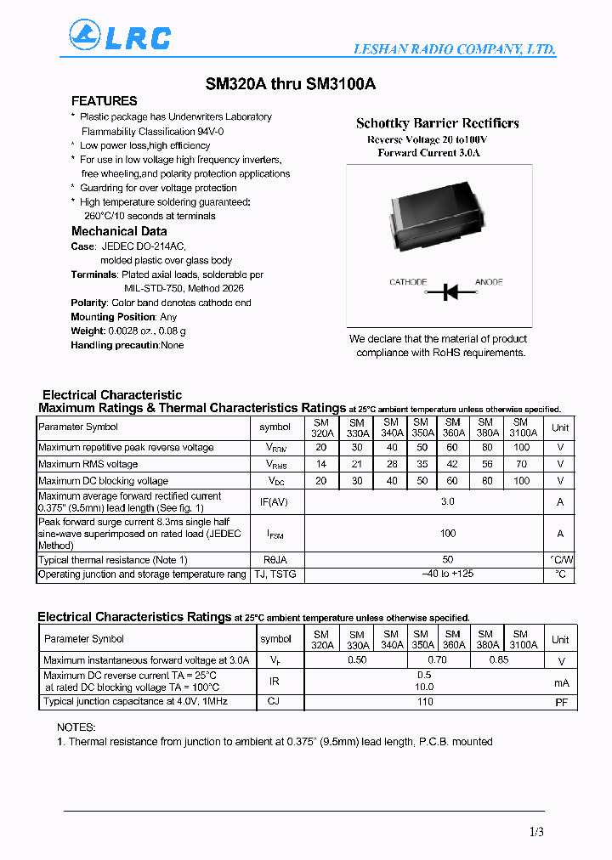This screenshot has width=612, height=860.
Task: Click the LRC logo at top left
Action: [119, 37]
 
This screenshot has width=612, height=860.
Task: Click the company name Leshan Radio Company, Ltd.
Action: [455, 50]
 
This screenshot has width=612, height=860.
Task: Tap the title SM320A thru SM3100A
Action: [290, 84]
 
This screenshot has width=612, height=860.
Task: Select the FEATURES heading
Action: [104, 101]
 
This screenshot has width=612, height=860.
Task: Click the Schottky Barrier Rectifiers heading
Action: [437, 123]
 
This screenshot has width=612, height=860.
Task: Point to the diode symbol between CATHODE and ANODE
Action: [450, 291]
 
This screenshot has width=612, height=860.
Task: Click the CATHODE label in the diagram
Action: [408, 282]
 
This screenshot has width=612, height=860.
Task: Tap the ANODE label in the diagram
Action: [489, 282]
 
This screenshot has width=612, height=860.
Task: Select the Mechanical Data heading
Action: [119, 231]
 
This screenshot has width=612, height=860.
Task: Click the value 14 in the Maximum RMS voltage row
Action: [322, 464]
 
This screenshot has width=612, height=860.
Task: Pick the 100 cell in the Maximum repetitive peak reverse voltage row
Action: [521, 447]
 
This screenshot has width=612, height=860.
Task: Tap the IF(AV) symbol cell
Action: [274, 502]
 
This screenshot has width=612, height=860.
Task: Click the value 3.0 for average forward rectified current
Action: [447, 501]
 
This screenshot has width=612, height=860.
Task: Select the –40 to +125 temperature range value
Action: [447, 575]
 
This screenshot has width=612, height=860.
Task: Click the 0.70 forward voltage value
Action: [437, 659]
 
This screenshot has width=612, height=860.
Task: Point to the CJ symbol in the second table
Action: [274, 701]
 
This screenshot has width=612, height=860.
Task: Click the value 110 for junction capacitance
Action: [425, 702]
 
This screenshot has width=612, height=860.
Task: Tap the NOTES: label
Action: [76, 727]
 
